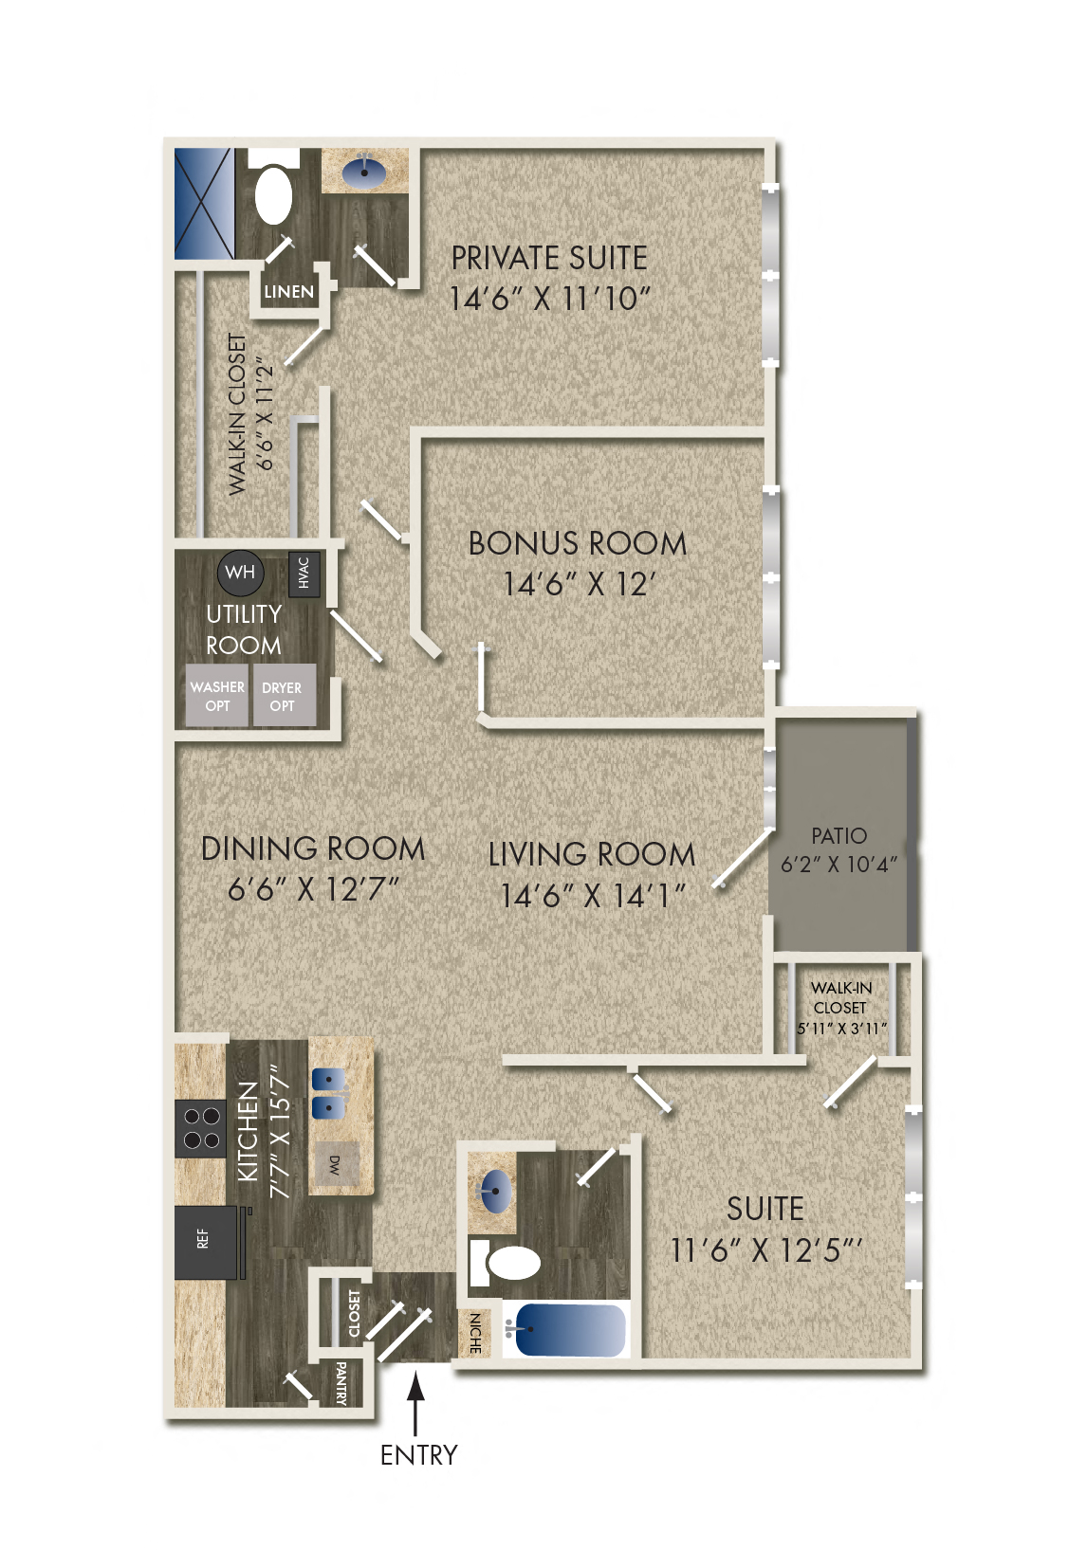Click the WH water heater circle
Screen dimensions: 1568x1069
click(x=240, y=572)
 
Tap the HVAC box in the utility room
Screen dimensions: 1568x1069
click(x=304, y=573)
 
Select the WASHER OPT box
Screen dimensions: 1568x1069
click(x=217, y=696)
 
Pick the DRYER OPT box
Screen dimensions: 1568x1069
click(x=282, y=697)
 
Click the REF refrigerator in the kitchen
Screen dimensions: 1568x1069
click(x=205, y=1240)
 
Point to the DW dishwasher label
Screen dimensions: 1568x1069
click(x=334, y=1165)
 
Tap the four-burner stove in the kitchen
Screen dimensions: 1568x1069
click(x=200, y=1128)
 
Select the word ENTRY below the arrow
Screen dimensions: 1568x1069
click(x=418, y=1455)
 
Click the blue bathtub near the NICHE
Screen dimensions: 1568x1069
click(x=566, y=1329)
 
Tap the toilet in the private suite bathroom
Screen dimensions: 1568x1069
click(x=274, y=194)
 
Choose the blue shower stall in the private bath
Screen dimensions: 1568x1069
click(x=203, y=204)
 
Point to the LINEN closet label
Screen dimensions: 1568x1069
click(x=288, y=292)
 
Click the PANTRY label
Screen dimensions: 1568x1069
click(x=341, y=1383)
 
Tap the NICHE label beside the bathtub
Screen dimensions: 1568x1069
click(x=475, y=1333)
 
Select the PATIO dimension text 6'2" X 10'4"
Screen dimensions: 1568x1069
click(x=839, y=865)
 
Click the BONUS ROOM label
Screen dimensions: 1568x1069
click(x=577, y=544)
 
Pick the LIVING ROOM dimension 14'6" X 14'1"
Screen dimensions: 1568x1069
click(x=592, y=895)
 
